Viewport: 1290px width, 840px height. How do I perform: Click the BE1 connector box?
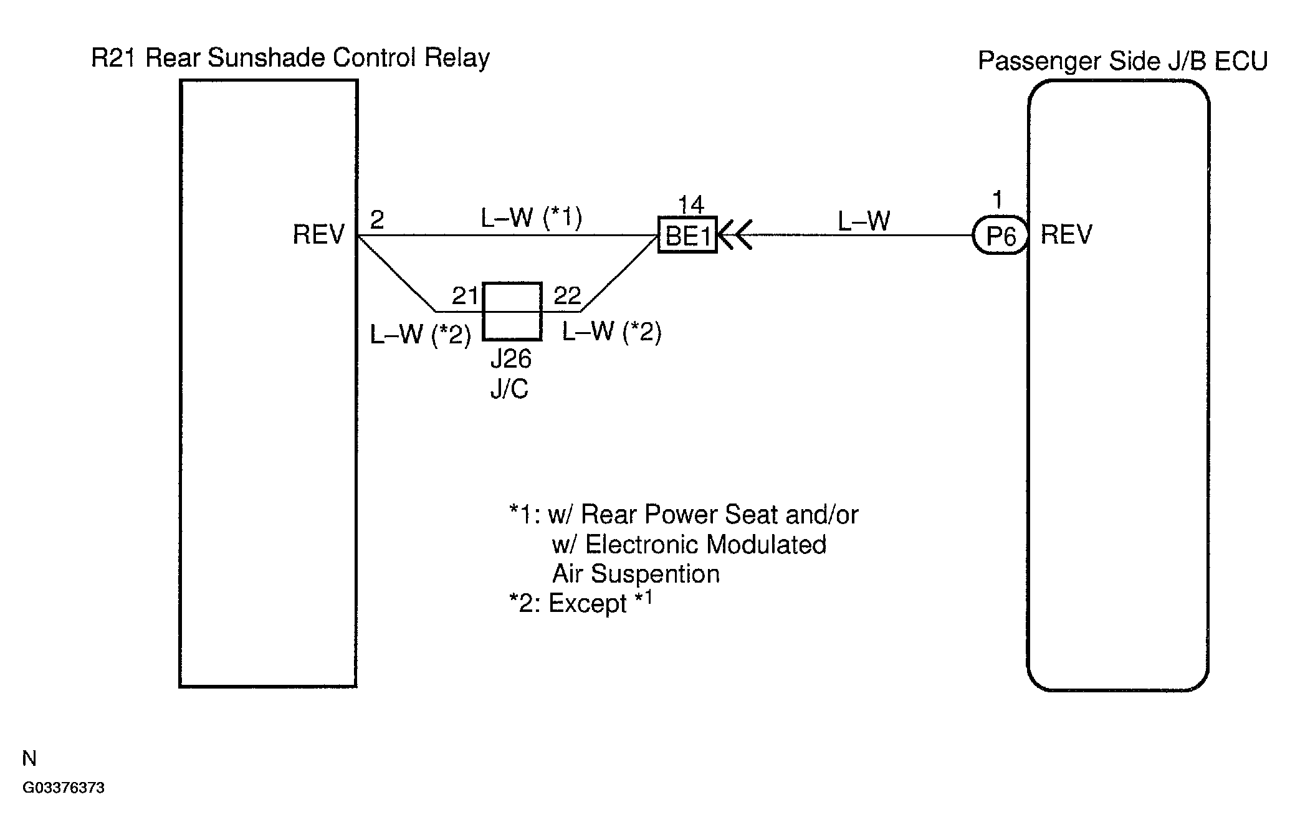coord(687,235)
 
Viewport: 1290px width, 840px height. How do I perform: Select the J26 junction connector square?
coord(512,312)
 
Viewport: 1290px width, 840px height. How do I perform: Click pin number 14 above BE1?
coord(690,204)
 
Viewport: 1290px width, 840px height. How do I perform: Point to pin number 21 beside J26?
coord(465,295)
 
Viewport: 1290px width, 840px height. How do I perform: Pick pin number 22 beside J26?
coord(567,295)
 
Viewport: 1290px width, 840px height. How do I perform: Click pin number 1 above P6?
coord(998,201)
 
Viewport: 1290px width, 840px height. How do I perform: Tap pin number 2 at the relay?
coord(377,220)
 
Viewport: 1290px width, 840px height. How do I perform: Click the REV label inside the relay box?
coord(318,235)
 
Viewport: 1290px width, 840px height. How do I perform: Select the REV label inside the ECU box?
coord(1066,235)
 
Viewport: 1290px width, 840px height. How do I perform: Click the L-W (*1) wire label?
coord(531,218)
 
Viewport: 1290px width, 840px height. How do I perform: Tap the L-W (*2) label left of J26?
coord(421,335)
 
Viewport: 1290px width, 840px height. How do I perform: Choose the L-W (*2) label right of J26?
coord(611,332)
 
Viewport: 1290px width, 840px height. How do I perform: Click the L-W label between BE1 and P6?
coord(864,221)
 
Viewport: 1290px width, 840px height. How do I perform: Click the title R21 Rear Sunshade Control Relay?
coord(290,58)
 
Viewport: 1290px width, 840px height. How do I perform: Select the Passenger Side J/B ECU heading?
coord(1122,61)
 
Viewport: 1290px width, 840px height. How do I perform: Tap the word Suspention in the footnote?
coord(655,574)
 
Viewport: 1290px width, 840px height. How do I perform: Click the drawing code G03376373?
coord(64,788)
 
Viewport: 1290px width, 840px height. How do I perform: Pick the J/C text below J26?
coord(509,388)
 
